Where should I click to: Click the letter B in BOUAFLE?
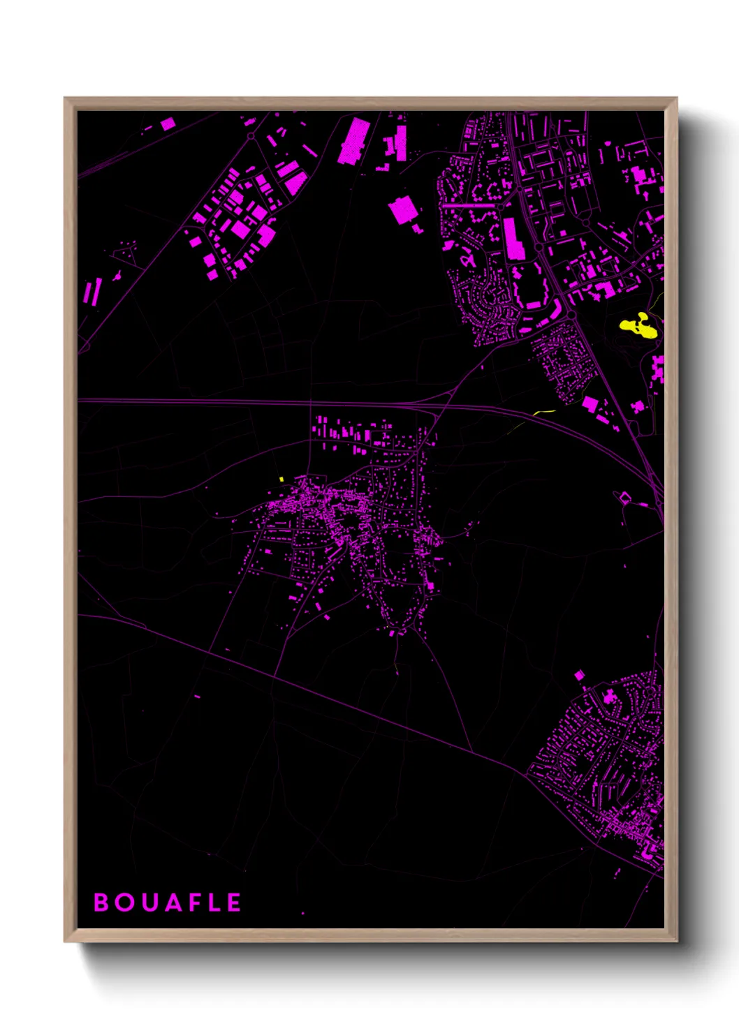pos(101,902)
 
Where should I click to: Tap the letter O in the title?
pos(124,902)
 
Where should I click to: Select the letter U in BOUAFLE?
pos(147,902)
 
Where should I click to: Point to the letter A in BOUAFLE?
pos(170,902)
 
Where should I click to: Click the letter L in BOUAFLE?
pos(213,902)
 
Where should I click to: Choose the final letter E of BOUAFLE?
pos(234,902)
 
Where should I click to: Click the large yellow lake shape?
pos(639,326)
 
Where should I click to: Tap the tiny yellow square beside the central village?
pos(281,479)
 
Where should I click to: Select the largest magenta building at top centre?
pos(354,142)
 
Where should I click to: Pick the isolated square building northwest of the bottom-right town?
pos(579,675)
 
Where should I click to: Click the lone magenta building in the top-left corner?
pos(168,124)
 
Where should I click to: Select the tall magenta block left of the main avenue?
pos(513,239)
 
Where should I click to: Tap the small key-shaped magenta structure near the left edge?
pos(117,276)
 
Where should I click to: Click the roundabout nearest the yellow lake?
pos(571,315)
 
